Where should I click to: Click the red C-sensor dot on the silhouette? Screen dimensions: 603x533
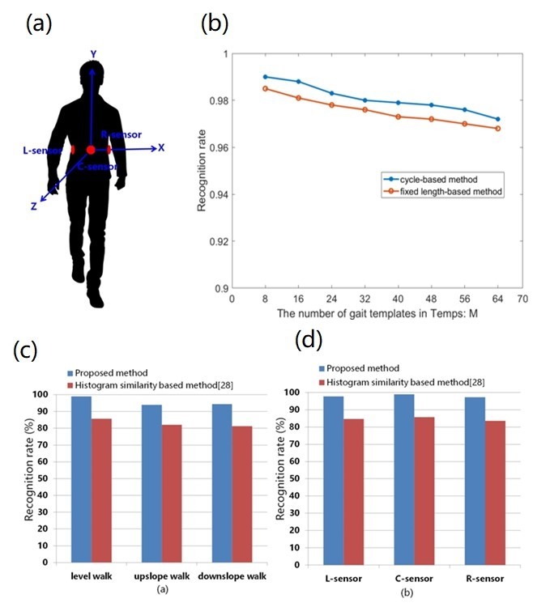[91, 150]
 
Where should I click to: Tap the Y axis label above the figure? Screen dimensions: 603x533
[93, 53]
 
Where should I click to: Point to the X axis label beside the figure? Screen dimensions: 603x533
[161, 147]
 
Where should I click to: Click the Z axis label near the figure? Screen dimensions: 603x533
[34, 206]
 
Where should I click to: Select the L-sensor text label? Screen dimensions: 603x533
[41, 151]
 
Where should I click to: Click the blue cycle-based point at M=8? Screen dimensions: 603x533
[265, 77]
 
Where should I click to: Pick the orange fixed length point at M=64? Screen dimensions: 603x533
[497, 129]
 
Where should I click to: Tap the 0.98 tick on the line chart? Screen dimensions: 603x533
[215, 100]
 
